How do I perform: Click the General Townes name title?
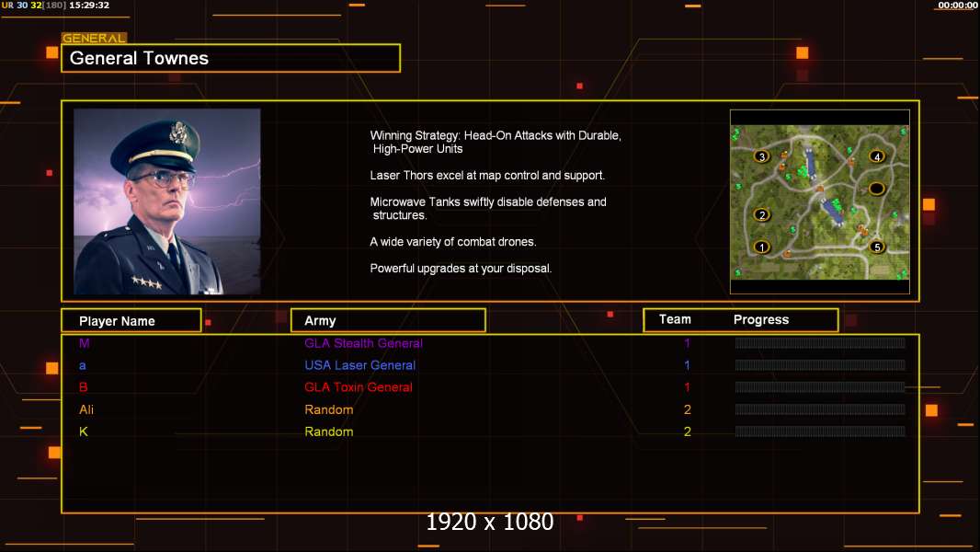[139, 58]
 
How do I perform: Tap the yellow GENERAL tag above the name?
[94, 38]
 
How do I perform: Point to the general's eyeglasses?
[161, 179]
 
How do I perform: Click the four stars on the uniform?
[146, 282]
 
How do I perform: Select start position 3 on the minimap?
[761, 156]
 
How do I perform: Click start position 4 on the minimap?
[877, 156]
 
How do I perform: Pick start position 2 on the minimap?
[761, 215]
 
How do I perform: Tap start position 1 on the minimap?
[761, 247]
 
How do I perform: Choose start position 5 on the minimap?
[877, 247]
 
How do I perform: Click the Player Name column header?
[117, 321]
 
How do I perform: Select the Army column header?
[320, 321]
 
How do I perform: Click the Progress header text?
[761, 319]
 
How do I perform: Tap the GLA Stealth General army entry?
[363, 343]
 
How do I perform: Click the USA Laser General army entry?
[360, 365]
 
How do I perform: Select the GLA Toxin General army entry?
[359, 387]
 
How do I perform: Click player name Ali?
[86, 409]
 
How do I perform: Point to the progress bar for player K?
[820, 431]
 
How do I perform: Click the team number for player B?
[687, 387]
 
